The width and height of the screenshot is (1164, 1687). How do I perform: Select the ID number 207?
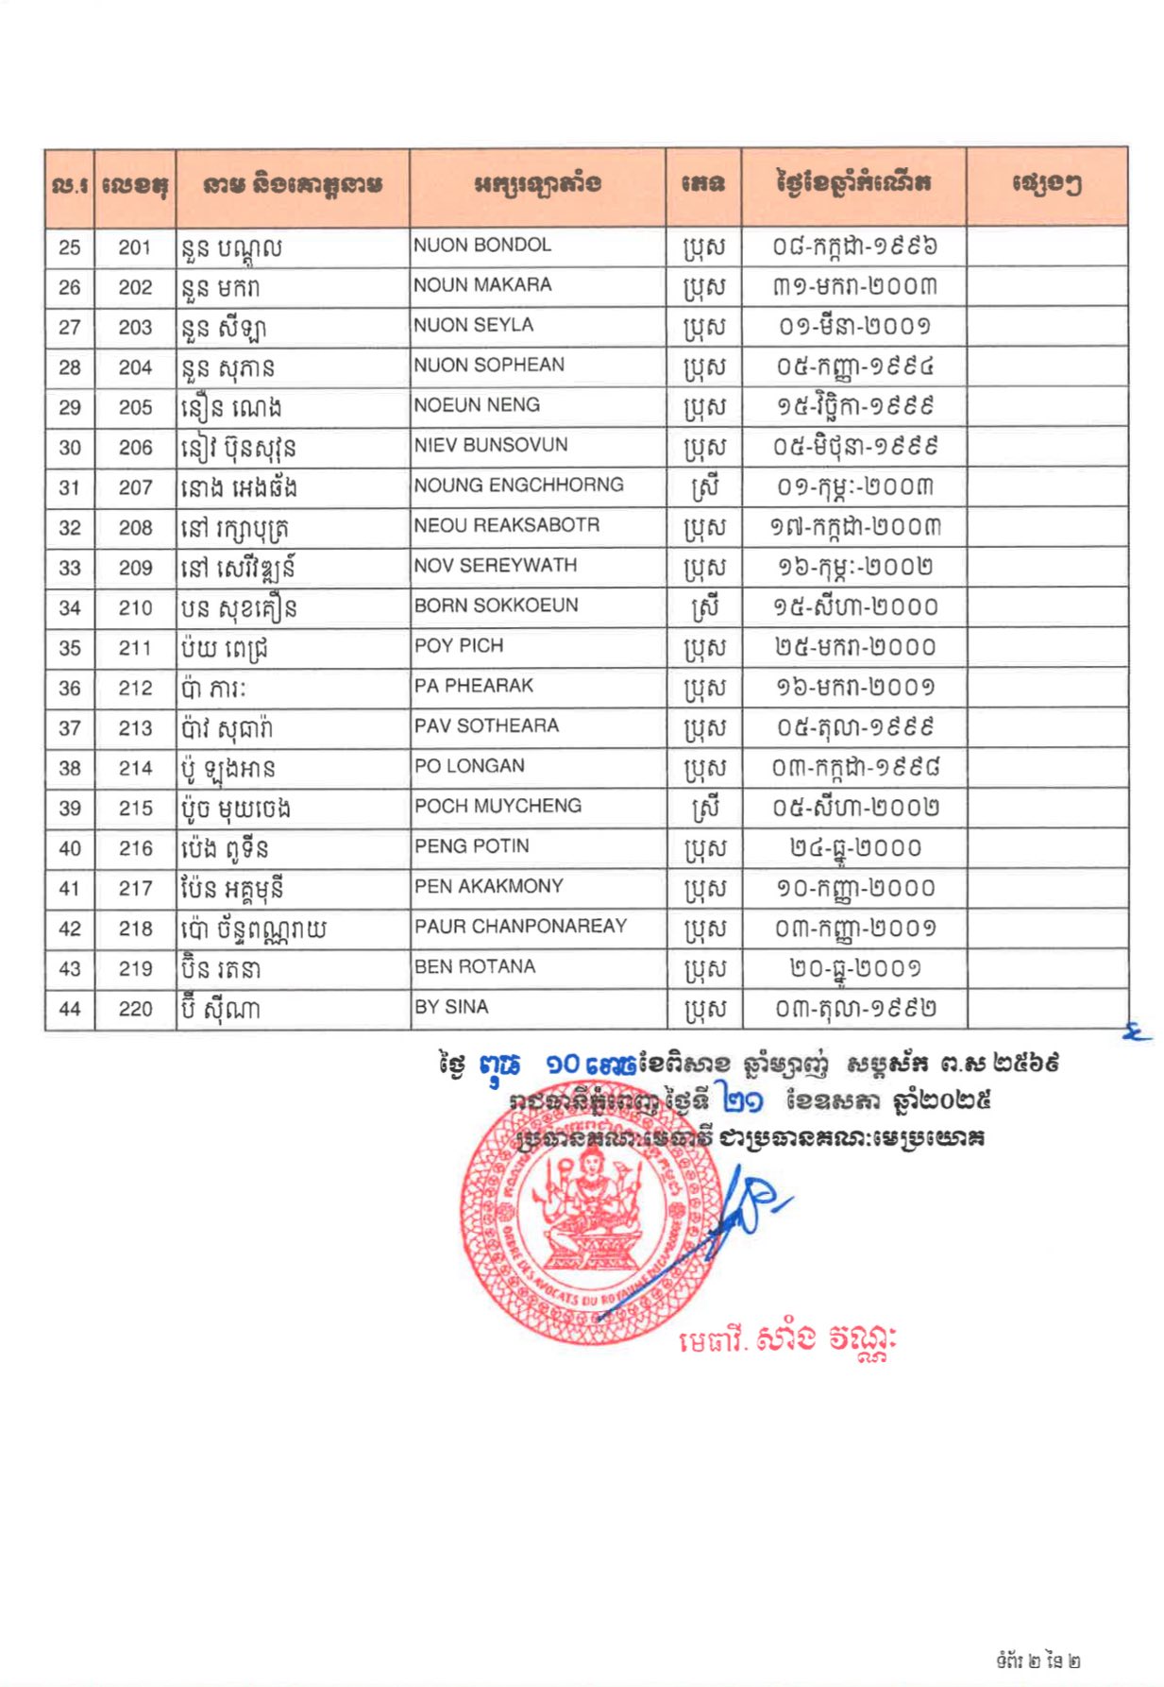[x=135, y=487]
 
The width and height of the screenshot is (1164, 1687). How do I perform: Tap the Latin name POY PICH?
[x=459, y=646]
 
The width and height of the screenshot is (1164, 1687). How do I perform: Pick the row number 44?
[x=70, y=1009]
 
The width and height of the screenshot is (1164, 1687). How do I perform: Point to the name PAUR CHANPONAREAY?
[x=520, y=927]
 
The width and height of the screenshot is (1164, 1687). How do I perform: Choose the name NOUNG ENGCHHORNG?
[x=518, y=486]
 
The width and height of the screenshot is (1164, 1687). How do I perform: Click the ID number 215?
[x=135, y=809]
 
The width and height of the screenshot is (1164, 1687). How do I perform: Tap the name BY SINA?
[x=451, y=1007]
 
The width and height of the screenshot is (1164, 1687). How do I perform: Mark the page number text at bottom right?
[x=1037, y=1661]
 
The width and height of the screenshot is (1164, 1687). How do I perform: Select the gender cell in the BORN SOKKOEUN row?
[x=703, y=607]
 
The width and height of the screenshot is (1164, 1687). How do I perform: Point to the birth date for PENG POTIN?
[x=854, y=848]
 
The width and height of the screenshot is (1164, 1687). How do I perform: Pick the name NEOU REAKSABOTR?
[x=507, y=525]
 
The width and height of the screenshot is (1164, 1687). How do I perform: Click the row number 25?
[x=70, y=247]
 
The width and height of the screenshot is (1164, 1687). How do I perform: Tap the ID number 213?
[x=135, y=728]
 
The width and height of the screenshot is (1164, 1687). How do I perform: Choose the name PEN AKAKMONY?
[x=489, y=887]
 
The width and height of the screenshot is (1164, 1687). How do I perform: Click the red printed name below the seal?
[x=786, y=1339]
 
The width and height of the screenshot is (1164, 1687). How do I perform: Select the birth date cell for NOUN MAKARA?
[x=854, y=287]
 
